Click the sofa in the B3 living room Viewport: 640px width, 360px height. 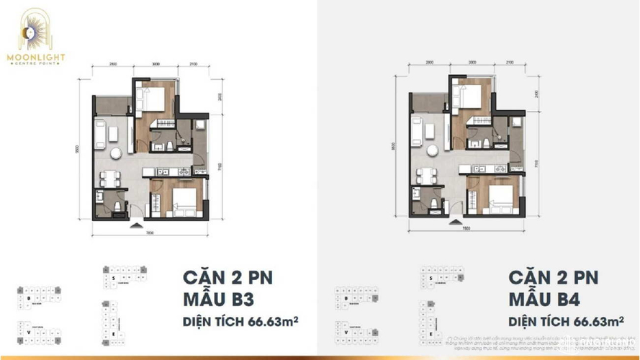[100, 134]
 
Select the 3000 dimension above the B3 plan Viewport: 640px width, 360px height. [155, 65]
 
